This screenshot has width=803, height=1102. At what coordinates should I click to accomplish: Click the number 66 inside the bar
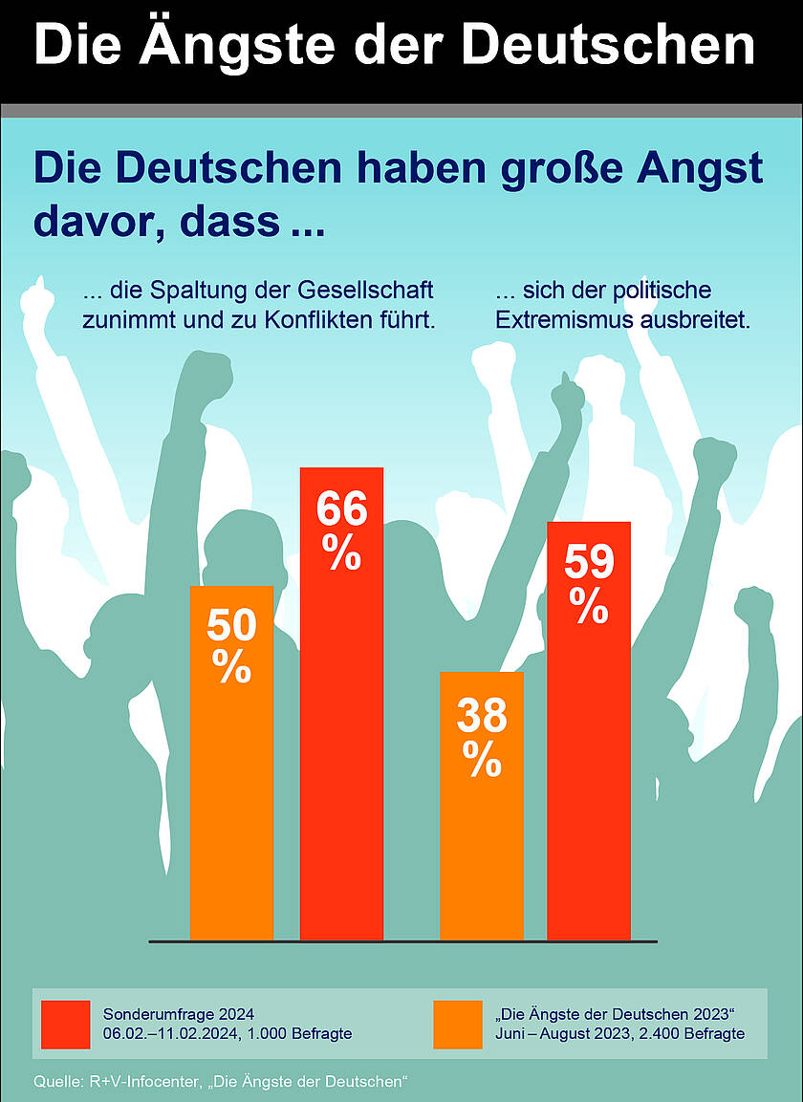point(341,510)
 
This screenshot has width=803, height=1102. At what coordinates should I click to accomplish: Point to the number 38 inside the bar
point(481,716)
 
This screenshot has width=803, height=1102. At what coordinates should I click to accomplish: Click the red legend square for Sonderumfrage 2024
point(66,1025)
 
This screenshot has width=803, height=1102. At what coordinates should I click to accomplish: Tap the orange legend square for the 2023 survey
point(457,1025)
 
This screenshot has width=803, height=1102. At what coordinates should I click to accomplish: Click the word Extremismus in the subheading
point(563,320)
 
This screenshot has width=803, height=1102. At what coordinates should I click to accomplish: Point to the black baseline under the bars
point(401,942)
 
